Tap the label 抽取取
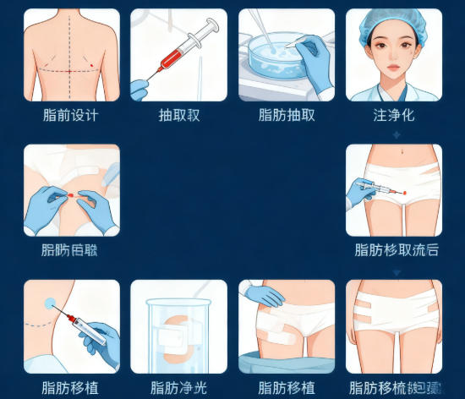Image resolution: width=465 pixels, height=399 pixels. point(178,115)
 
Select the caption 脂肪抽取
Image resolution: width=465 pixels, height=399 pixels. point(287,115)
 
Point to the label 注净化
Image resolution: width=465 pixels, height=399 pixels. point(394,115)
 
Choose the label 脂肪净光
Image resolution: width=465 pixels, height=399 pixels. point(178,388)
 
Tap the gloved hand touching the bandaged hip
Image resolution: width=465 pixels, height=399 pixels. point(264,295)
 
